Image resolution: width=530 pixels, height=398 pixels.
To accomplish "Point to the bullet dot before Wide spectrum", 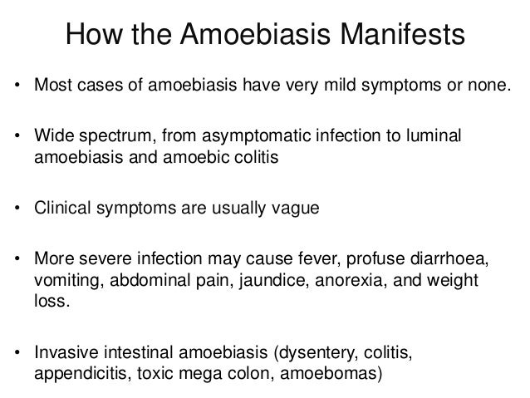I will pos(16,136).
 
